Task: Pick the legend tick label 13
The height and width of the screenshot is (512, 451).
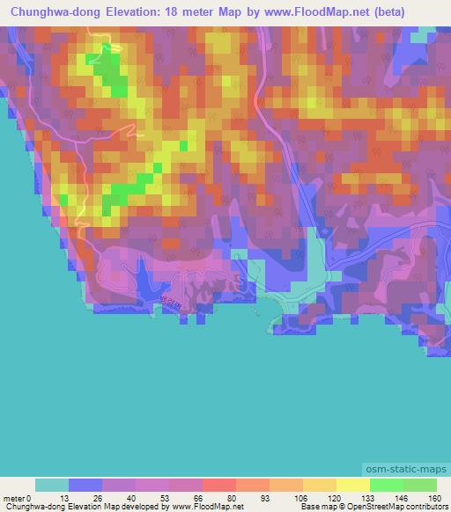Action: [69, 497]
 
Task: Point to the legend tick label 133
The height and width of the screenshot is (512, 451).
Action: [370, 497]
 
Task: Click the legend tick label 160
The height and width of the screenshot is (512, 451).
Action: [436, 497]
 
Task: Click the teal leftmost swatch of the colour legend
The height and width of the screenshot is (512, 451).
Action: [52, 485]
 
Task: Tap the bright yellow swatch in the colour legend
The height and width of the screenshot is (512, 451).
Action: [352, 485]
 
